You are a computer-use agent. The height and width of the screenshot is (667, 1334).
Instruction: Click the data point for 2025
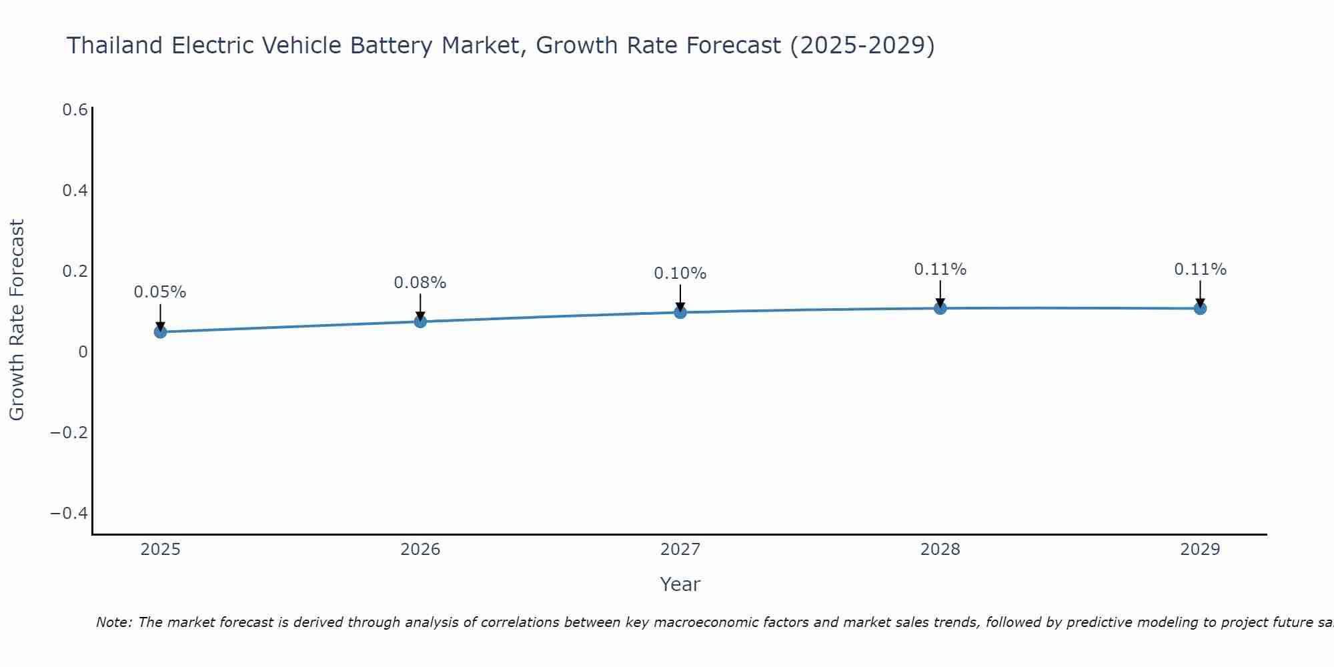pyautogui.click(x=160, y=331)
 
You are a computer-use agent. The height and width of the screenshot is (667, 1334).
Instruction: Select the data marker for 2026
pyautogui.click(x=420, y=321)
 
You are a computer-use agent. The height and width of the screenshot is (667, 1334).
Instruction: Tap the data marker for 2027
pyautogui.click(x=680, y=312)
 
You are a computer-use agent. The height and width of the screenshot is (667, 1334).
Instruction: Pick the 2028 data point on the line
pyautogui.click(x=940, y=308)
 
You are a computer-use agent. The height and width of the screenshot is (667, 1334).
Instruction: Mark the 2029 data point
pyautogui.click(x=1200, y=308)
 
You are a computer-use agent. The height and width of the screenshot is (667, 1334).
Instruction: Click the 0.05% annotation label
pyautogui.click(x=160, y=292)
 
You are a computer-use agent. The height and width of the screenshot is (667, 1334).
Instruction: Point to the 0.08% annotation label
pyautogui.click(x=420, y=283)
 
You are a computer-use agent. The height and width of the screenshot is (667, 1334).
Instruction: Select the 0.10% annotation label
pyautogui.click(x=680, y=273)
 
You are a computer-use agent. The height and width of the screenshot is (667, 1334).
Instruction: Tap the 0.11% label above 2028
pyautogui.click(x=940, y=269)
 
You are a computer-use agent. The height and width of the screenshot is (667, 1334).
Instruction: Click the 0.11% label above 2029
pyautogui.click(x=1200, y=269)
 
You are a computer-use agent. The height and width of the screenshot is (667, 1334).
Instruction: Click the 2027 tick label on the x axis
pyautogui.click(x=680, y=550)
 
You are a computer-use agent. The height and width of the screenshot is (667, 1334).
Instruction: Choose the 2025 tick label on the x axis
pyautogui.click(x=160, y=550)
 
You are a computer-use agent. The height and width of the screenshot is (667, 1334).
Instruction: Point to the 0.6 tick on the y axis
pyautogui.click(x=75, y=110)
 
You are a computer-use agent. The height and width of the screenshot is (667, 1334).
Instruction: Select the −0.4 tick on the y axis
pyautogui.click(x=69, y=514)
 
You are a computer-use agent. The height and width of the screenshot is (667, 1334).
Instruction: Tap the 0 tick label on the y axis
pyautogui.click(x=83, y=352)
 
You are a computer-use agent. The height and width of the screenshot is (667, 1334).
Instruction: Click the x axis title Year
pyautogui.click(x=680, y=584)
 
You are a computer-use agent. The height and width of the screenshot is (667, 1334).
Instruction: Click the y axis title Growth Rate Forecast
pyautogui.click(x=17, y=320)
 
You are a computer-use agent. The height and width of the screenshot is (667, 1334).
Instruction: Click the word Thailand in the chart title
pyautogui.click(x=115, y=45)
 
